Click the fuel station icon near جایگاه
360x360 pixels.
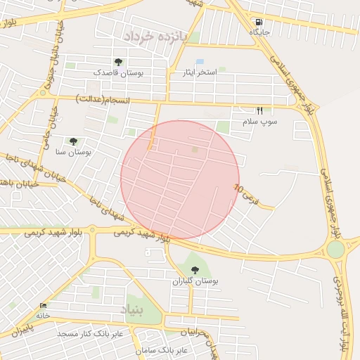(259, 22)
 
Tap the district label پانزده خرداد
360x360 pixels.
(153, 36)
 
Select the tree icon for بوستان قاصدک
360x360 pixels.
(118, 62)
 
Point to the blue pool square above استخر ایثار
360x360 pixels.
(200, 62)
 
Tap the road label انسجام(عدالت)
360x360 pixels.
(103, 100)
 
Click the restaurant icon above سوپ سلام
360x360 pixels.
(260, 111)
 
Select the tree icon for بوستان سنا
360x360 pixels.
(73, 141)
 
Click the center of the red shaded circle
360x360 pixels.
(180, 180)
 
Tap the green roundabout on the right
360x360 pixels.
(336, 249)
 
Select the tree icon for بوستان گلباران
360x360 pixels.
(195, 270)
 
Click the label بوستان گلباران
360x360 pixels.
(195, 281)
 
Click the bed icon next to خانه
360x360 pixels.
(44, 306)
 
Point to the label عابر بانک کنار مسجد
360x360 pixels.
(90, 333)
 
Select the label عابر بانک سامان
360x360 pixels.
(162, 349)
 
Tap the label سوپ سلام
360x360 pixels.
(260, 122)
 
